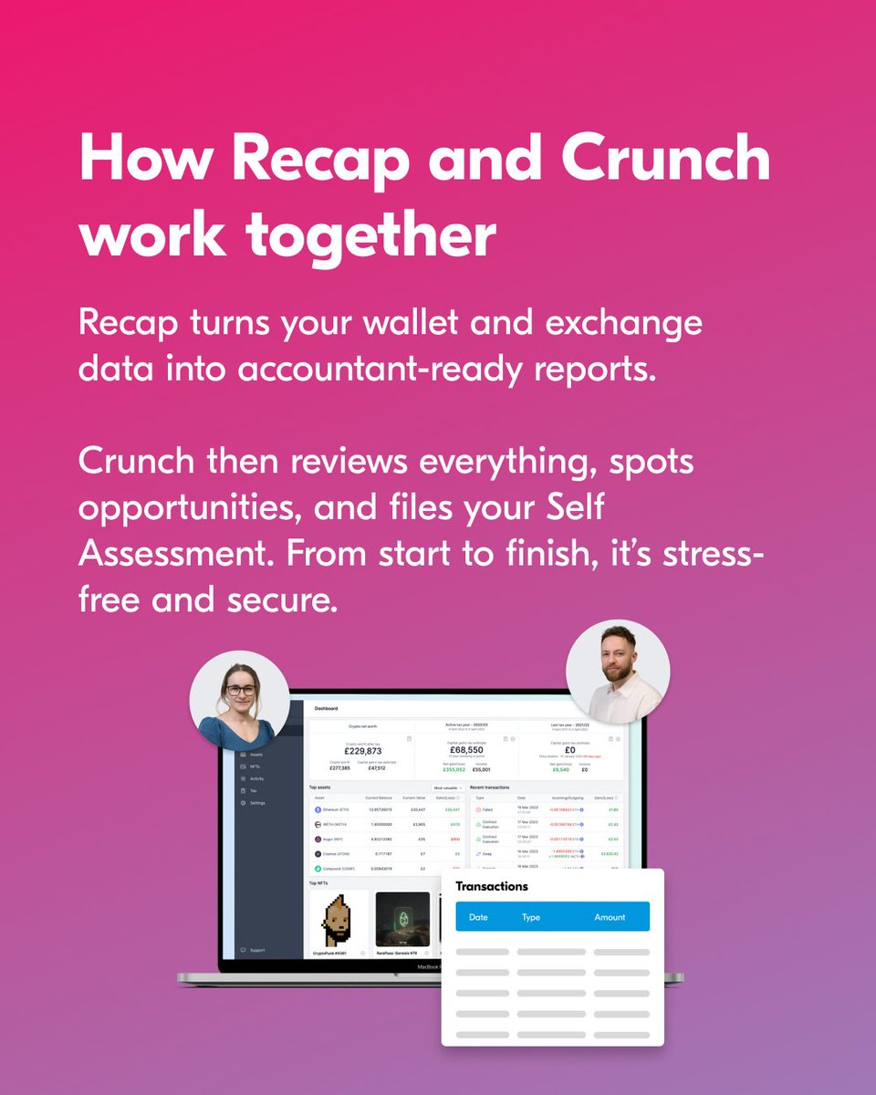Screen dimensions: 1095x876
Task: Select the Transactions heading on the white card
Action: tap(492, 886)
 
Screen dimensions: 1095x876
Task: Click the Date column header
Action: tap(478, 917)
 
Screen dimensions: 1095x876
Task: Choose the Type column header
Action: tap(531, 917)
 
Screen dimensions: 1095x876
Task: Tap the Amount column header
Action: tap(610, 917)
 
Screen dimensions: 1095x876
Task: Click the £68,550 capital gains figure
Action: tap(466, 749)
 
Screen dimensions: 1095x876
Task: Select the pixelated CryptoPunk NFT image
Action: tap(339, 919)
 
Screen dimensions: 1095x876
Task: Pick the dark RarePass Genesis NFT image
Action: tap(402, 919)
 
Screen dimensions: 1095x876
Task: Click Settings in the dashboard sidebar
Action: tap(258, 803)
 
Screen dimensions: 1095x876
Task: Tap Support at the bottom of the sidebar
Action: tap(257, 950)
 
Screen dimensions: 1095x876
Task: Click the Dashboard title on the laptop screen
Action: tap(326, 708)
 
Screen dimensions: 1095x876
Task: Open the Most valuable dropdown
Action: tap(447, 787)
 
